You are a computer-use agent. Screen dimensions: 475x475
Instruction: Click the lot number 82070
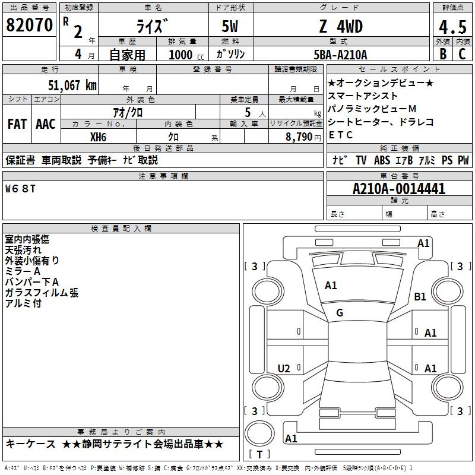click(x=29, y=25)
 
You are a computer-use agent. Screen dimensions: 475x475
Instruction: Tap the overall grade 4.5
click(x=452, y=27)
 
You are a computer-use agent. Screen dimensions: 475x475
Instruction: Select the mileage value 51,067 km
click(x=72, y=85)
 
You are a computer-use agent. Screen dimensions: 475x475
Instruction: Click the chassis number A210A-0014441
click(x=399, y=189)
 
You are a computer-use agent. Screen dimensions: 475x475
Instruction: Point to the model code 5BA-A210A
click(x=340, y=55)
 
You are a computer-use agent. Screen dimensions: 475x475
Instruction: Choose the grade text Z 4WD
click(x=341, y=26)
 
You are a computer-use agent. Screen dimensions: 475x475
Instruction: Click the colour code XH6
click(x=98, y=137)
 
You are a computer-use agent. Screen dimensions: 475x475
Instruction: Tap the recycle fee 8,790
click(x=299, y=137)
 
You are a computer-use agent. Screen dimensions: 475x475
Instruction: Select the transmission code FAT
click(x=17, y=124)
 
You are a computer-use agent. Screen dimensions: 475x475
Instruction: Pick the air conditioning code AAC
click(x=46, y=124)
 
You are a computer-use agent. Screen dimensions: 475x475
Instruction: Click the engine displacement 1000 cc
click(x=186, y=55)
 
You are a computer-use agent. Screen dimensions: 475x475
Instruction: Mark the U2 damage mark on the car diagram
click(x=284, y=368)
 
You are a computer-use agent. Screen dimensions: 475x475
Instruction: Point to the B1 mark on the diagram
click(x=420, y=296)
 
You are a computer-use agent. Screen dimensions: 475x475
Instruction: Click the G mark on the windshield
click(x=340, y=313)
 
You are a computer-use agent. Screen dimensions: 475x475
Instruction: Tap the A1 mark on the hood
click(x=331, y=286)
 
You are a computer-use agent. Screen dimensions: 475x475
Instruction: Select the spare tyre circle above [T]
click(x=259, y=433)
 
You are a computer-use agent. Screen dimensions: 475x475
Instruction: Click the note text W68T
click(x=20, y=189)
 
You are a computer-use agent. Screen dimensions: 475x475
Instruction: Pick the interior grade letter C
click(x=462, y=54)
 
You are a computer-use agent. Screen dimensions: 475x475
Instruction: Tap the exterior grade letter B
click(x=443, y=54)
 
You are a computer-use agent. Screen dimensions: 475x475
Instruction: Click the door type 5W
click(x=230, y=26)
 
